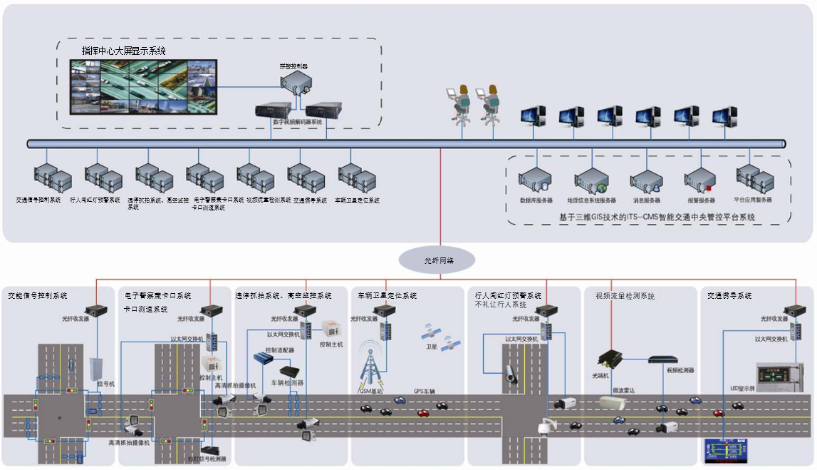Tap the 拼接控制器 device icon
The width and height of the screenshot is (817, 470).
(295, 83)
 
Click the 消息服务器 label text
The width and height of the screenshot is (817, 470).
(646, 200)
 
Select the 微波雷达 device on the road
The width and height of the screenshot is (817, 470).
(613, 403)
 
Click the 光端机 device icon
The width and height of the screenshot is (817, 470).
(610, 356)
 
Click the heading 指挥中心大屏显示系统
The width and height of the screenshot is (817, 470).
(124, 51)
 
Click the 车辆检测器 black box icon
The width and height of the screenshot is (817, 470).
(290, 372)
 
